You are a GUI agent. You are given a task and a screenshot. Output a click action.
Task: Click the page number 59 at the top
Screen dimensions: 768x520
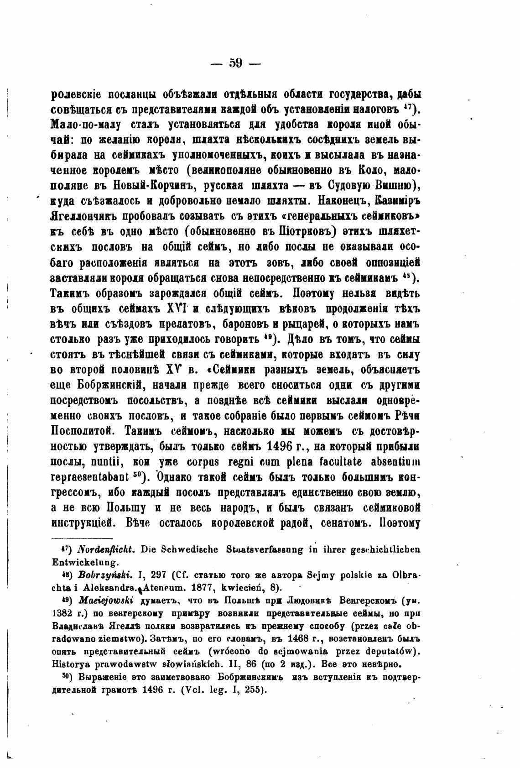coord(236,63)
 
